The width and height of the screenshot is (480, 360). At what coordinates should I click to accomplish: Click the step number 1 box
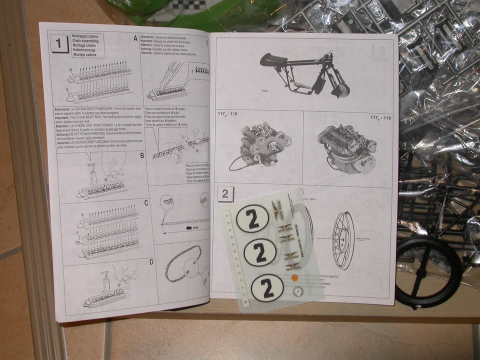click(x=59, y=44)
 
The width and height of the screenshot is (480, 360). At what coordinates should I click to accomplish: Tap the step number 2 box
click(x=225, y=193)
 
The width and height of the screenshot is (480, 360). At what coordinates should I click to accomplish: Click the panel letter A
click(x=135, y=38)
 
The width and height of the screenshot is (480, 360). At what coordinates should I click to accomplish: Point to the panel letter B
click(x=141, y=155)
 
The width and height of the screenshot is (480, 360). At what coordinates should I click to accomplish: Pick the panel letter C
click(x=146, y=203)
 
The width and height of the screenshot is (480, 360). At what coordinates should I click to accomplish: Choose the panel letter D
click(x=151, y=261)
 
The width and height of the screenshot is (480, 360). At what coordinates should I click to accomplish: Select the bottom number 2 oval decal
click(x=266, y=288)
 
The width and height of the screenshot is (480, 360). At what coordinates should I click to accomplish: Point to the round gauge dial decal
click(x=298, y=291)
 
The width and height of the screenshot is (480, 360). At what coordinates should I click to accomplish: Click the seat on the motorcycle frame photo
click(x=273, y=60)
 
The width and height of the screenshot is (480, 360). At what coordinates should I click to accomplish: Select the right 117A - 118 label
click(x=380, y=117)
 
